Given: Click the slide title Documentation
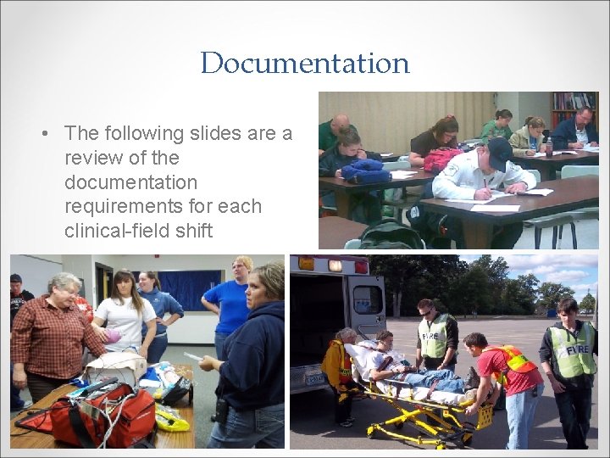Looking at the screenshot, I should point(305,63).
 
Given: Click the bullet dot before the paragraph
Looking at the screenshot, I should point(42,134).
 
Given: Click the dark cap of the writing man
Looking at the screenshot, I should point(499,151).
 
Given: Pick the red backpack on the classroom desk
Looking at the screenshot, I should point(441,159).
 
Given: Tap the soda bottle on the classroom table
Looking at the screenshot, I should point(549,147).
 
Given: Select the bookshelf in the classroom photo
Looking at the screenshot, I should point(574,108).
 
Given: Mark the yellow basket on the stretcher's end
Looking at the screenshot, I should point(482,416).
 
